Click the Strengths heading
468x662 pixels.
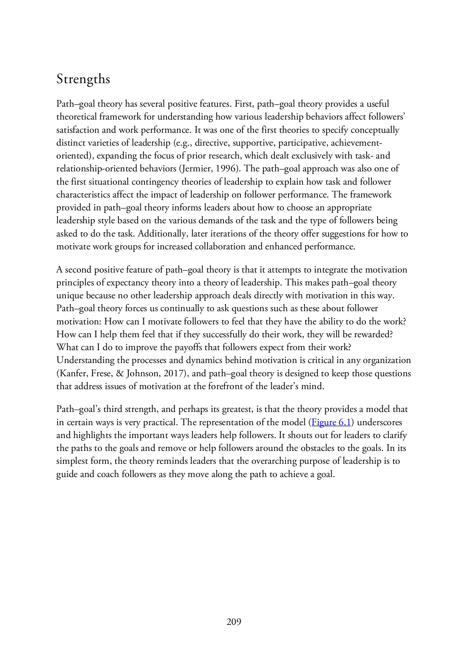83,79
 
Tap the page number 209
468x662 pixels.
234,622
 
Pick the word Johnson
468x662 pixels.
143,374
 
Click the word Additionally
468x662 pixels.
163,234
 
